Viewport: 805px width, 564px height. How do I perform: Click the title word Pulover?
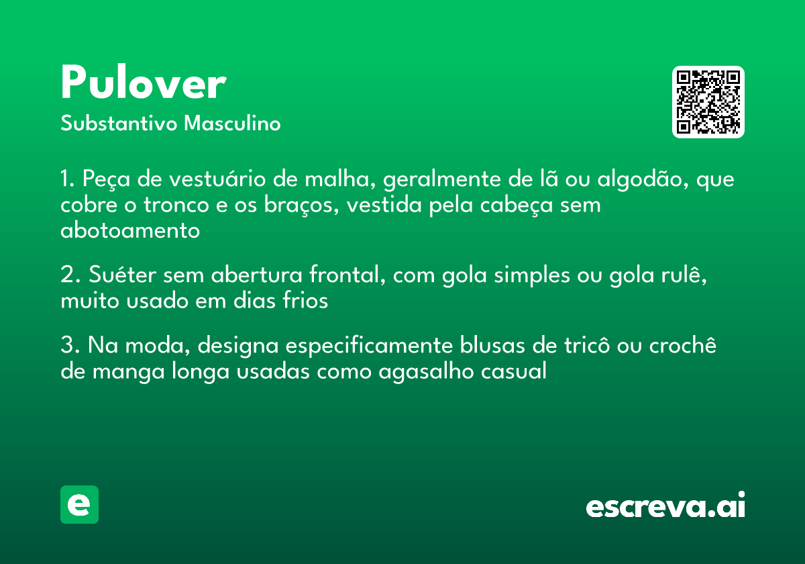click(x=143, y=85)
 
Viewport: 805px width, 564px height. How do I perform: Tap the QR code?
click(x=708, y=102)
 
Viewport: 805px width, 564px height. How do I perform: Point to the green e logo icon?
click(x=79, y=504)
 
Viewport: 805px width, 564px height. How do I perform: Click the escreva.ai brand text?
click(x=665, y=506)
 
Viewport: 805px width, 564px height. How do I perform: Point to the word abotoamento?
click(x=130, y=230)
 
